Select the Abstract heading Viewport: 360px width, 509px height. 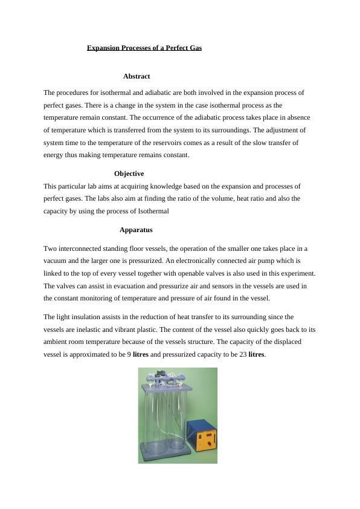tap(137, 76)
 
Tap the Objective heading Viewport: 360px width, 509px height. tap(129, 173)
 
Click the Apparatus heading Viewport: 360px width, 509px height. tap(136, 230)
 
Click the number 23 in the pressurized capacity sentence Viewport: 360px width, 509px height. tap(243, 354)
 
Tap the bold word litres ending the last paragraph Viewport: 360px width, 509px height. tap(257, 354)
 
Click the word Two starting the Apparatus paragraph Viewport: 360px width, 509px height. tap(50, 248)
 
